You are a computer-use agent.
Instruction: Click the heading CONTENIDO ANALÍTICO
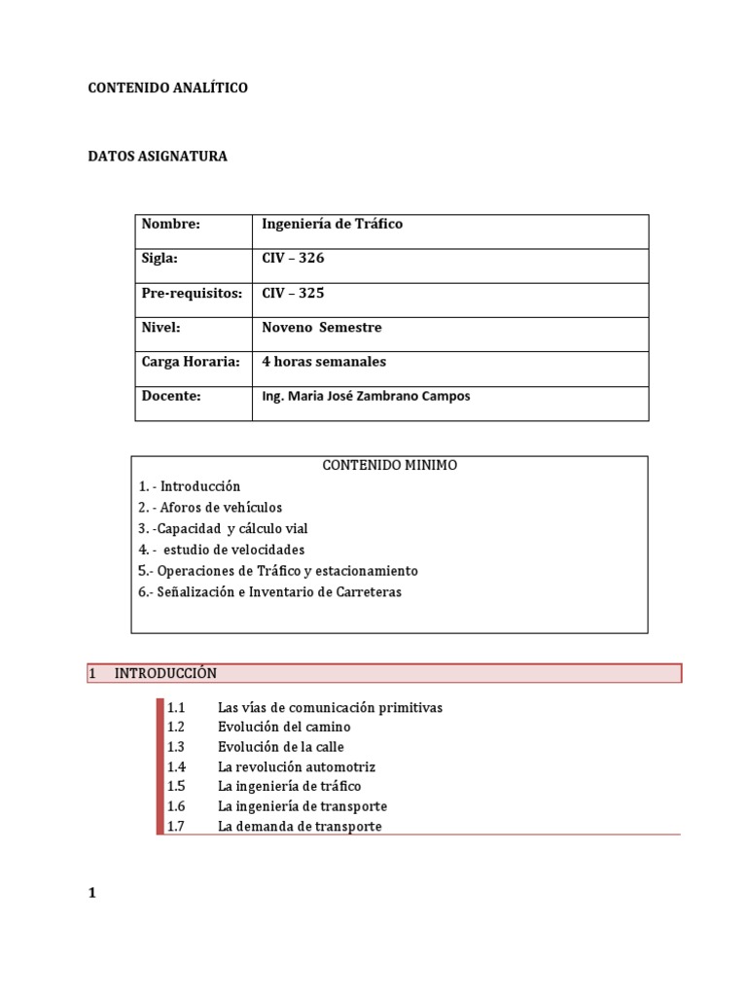click(x=167, y=89)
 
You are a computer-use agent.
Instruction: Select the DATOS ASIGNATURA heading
click(x=158, y=157)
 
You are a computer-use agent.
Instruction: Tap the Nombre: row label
click(x=170, y=224)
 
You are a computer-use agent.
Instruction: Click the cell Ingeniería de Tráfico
click(x=332, y=224)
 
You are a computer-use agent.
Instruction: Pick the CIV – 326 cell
click(x=293, y=259)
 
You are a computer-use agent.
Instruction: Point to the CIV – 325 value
click(x=293, y=293)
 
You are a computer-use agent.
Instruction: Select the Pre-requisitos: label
click(x=191, y=293)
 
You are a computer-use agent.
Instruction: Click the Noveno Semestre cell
click(x=321, y=328)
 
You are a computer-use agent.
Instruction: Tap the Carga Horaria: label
click(x=190, y=362)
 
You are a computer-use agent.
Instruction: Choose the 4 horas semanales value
click(x=324, y=362)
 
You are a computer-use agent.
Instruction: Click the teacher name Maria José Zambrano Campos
click(x=366, y=397)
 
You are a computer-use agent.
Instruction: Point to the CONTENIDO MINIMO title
click(x=389, y=466)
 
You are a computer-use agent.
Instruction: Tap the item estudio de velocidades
click(x=221, y=550)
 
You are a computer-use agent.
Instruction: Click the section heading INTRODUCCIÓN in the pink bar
click(x=165, y=673)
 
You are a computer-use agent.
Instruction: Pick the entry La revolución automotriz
click(x=296, y=766)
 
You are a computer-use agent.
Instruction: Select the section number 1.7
click(x=175, y=827)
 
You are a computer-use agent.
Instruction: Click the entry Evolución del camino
click(x=284, y=727)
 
